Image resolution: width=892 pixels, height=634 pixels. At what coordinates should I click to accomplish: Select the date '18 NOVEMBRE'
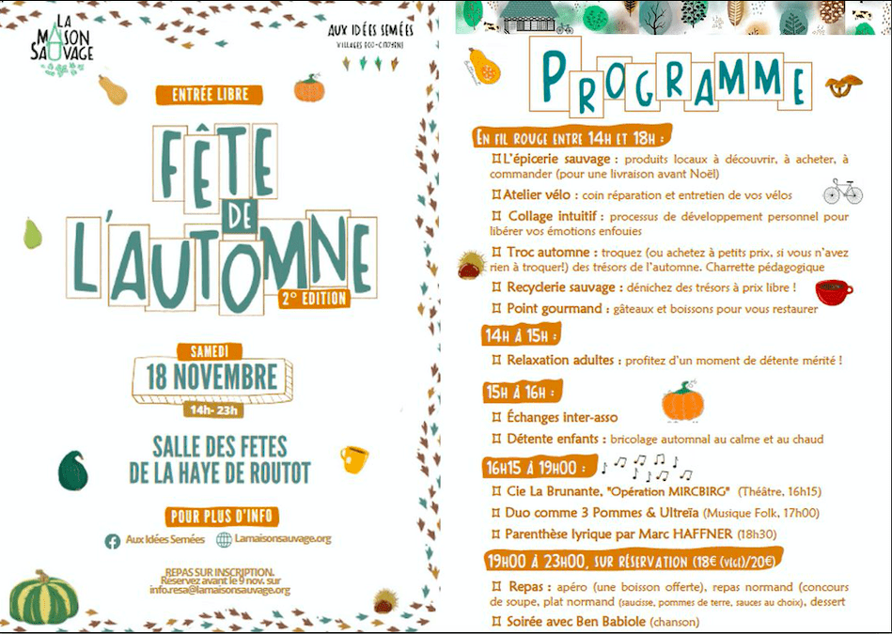point(211,378)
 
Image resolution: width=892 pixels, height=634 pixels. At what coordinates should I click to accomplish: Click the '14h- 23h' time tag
point(214,410)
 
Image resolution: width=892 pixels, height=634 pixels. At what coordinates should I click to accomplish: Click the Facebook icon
point(112,540)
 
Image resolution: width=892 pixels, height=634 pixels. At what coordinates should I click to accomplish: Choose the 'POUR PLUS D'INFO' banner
point(223,516)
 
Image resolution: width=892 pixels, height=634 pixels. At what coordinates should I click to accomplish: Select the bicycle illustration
point(842,191)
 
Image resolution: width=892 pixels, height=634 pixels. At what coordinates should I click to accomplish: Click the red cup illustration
point(832,291)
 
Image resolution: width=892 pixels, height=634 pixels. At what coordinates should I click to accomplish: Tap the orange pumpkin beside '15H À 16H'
point(682,402)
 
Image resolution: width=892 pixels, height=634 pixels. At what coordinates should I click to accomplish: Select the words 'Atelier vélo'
point(534,195)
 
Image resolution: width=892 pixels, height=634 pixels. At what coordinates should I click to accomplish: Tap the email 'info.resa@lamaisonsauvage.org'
point(219,590)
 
